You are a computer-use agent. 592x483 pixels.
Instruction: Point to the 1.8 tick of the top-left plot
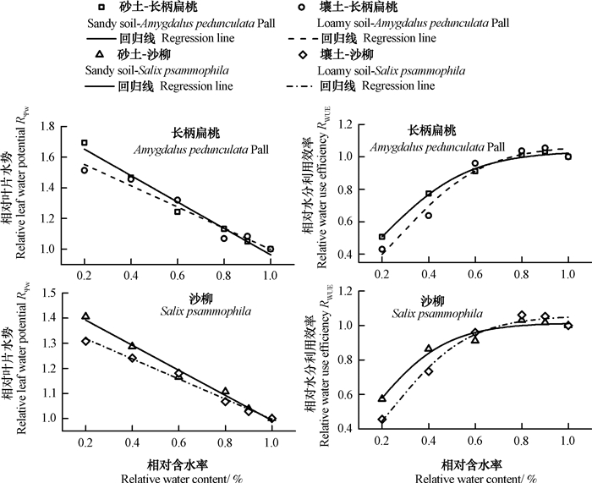(51, 126)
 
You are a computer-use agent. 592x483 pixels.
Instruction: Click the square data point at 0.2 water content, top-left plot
(85, 143)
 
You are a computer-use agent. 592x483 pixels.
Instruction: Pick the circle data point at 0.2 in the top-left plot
(85, 170)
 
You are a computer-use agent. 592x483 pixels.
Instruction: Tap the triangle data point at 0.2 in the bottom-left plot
(85, 316)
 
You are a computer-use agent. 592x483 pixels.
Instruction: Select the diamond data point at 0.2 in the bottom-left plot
(85, 341)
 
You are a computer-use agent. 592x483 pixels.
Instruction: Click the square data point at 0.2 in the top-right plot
(382, 237)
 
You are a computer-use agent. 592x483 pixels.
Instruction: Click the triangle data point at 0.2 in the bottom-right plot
(382, 398)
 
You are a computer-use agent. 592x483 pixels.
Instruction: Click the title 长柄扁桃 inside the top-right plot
(432, 131)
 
